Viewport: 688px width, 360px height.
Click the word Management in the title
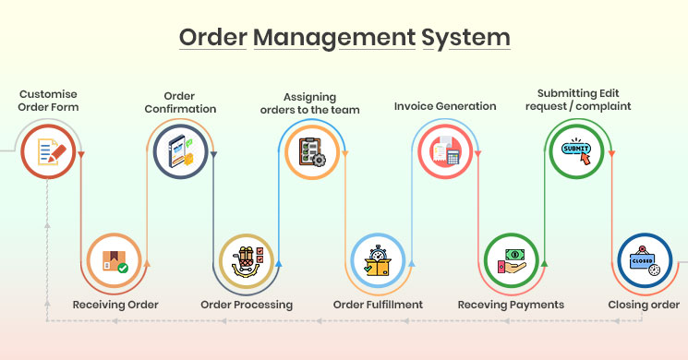(x=334, y=38)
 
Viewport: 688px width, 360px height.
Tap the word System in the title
(x=465, y=38)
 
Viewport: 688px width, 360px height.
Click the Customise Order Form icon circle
(x=48, y=151)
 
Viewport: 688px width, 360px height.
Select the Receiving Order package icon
(x=115, y=261)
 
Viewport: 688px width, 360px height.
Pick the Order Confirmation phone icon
(x=181, y=151)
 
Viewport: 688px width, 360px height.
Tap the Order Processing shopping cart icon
(x=247, y=261)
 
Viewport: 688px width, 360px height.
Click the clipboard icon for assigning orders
(x=312, y=152)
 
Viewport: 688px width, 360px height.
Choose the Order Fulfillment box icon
(x=378, y=261)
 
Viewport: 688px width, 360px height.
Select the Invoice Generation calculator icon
(x=445, y=151)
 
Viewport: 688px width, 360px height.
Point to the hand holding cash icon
(x=512, y=261)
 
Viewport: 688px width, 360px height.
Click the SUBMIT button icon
(x=576, y=150)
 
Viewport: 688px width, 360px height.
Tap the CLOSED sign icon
(x=644, y=260)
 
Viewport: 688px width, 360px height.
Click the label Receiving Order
(x=115, y=305)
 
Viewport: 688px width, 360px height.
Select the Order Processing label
(x=247, y=305)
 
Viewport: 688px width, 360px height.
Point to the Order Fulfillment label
(x=378, y=305)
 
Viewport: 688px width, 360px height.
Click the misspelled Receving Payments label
(x=511, y=305)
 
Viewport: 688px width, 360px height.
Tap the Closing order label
(x=644, y=305)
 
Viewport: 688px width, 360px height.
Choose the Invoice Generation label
(x=445, y=106)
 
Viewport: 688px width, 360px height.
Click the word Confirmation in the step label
(x=180, y=109)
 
